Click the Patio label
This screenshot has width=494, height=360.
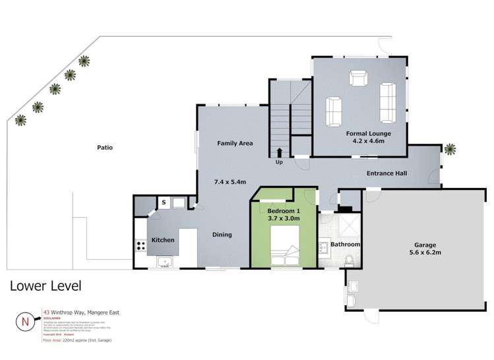click(104, 148)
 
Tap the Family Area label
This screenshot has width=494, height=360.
click(235, 143)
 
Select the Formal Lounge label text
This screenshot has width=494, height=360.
click(369, 134)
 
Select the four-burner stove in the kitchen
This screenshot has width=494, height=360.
click(140, 245)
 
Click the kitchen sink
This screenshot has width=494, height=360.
click(164, 262)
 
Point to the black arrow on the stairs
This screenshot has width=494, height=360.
click(280, 152)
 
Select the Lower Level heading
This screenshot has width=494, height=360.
click(45, 286)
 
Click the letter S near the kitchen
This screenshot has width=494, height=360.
click(163, 202)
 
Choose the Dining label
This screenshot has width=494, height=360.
click(222, 234)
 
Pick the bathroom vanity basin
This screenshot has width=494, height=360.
click(323, 249)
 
